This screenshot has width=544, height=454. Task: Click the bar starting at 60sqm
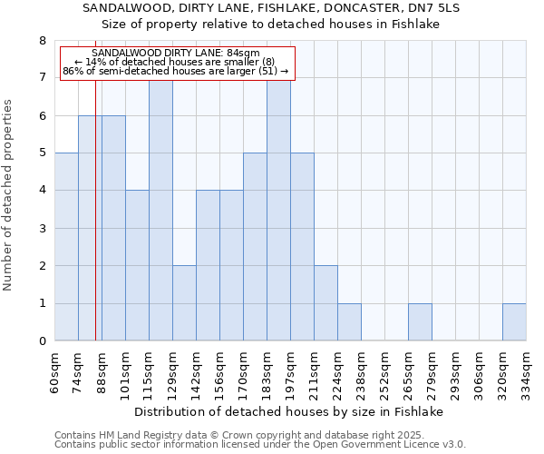pyautogui.click(x=66, y=247)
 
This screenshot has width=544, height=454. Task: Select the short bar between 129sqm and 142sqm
pyautogui.click(x=184, y=303)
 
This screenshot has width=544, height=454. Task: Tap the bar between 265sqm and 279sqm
pyautogui.click(x=420, y=322)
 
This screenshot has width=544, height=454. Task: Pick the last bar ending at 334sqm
pyautogui.click(x=514, y=322)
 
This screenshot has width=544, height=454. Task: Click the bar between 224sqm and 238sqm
pyautogui.click(x=349, y=322)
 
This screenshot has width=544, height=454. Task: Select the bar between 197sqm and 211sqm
pyautogui.click(x=302, y=247)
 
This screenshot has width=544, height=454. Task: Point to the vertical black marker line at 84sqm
pyautogui.click(x=95, y=227)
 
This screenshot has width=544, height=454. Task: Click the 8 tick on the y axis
pyautogui.click(x=42, y=41)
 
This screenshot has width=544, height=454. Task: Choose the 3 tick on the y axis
pyautogui.click(x=42, y=228)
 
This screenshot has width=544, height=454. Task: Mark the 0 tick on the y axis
pyautogui.click(x=42, y=341)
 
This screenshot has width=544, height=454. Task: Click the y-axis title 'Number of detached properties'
pyautogui.click(x=9, y=195)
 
